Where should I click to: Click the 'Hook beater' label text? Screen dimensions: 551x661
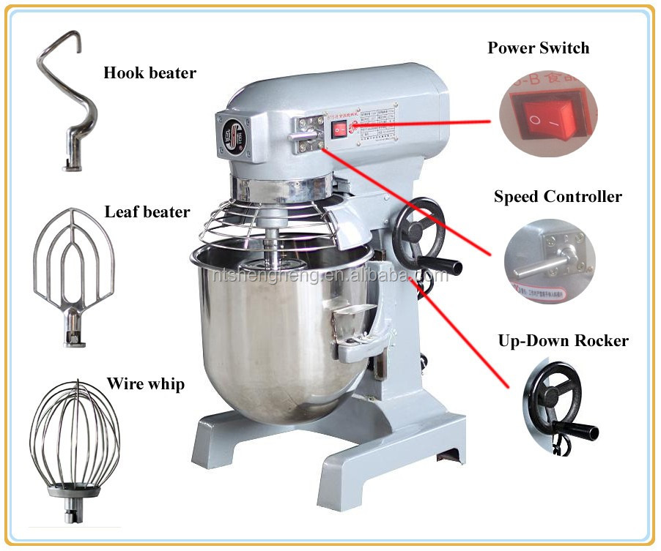(x=149, y=73)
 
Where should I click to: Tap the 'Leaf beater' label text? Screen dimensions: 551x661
(x=147, y=212)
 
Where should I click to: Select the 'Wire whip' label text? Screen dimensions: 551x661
(x=145, y=383)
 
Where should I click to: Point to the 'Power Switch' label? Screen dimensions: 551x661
(x=538, y=48)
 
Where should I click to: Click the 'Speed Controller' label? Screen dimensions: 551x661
(x=557, y=196)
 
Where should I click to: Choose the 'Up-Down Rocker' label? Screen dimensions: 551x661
(x=563, y=340)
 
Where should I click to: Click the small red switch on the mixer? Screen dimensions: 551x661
(x=338, y=130)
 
